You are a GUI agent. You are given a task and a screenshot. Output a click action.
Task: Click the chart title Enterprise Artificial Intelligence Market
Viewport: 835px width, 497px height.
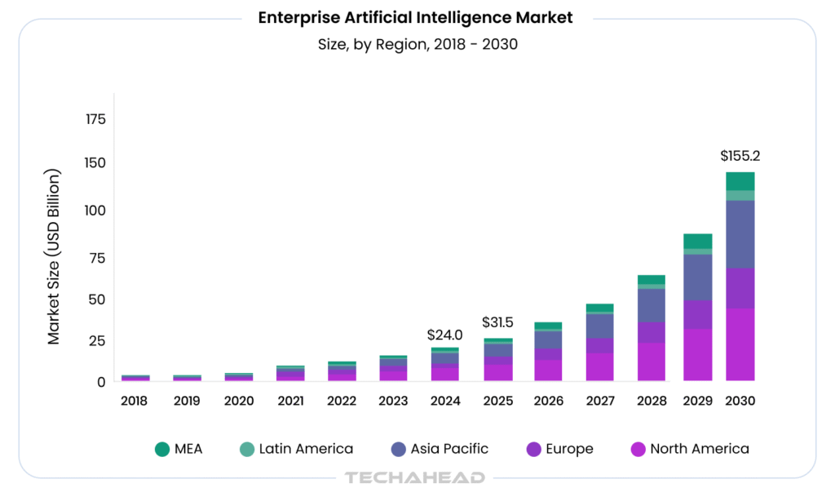(416, 17)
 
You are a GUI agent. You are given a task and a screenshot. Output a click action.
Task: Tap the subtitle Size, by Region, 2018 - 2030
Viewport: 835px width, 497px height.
(417, 44)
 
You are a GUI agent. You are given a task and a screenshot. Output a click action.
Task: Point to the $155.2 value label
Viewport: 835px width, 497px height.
(740, 155)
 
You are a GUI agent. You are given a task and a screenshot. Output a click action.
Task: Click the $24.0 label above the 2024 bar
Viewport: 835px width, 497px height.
(445, 335)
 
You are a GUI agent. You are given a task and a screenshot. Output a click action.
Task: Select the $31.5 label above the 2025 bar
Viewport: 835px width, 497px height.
(497, 322)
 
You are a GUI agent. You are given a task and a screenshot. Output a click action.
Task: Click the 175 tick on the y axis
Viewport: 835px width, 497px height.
(95, 120)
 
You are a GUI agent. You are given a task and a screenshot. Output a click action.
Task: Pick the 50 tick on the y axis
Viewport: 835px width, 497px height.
(98, 300)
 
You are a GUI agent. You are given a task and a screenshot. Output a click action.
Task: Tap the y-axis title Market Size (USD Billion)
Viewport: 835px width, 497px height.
(54, 256)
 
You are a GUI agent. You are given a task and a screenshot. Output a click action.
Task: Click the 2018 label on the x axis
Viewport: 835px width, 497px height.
(135, 401)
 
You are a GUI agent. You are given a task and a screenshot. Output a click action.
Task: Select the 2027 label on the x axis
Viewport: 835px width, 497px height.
(599, 401)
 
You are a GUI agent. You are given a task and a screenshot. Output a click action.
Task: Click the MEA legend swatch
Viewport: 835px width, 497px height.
(162, 449)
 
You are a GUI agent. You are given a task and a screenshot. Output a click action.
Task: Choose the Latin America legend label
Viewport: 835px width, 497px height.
(306, 449)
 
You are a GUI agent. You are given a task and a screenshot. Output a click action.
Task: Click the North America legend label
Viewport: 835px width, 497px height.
(699, 449)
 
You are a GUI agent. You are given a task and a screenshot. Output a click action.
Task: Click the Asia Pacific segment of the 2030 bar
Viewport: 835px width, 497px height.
(740, 234)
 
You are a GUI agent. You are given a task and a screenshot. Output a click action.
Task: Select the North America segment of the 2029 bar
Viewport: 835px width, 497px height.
(697, 355)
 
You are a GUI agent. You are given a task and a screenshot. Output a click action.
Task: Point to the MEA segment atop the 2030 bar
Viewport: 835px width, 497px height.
(740, 181)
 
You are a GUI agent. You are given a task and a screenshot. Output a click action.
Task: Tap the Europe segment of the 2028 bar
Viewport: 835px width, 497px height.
(651, 332)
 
